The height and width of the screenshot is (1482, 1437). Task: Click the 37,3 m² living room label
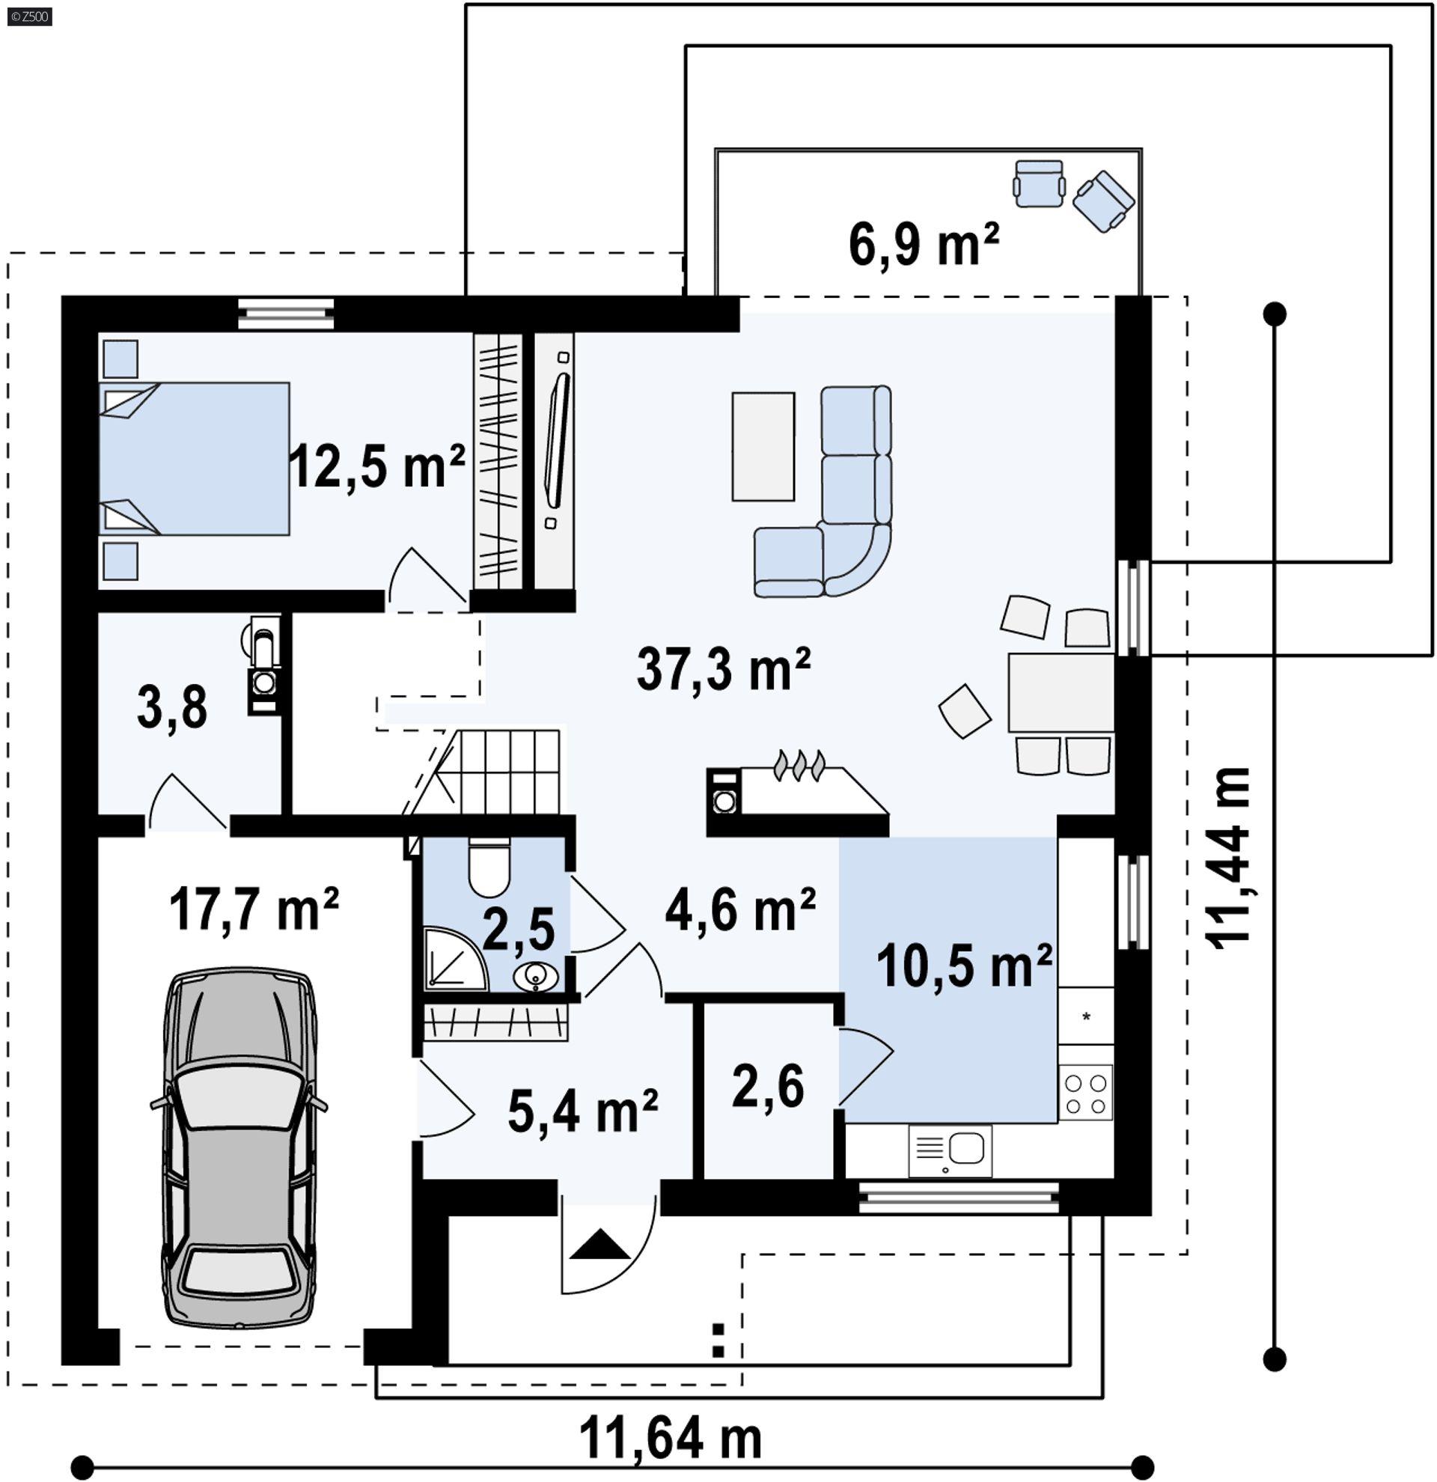[x=724, y=670]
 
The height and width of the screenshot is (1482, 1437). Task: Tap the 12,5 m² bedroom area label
[x=376, y=466]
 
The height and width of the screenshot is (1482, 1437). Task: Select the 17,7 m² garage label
[x=253, y=909]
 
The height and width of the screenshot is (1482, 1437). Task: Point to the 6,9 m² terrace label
[x=924, y=245]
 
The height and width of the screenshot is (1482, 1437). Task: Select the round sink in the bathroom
[x=535, y=977]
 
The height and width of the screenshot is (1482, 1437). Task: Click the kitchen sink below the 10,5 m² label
[x=951, y=1150]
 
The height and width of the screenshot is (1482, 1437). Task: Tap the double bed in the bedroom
[x=195, y=459]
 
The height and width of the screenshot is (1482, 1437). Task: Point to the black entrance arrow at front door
[x=599, y=1245]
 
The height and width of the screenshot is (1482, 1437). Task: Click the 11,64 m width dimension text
[x=671, y=1439]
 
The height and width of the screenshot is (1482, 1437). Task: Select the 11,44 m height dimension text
[x=1228, y=859]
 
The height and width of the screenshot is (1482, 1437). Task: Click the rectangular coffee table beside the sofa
[x=763, y=447]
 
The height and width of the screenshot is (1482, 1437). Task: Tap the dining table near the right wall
[x=1060, y=692]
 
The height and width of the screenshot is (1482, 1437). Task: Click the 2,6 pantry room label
[x=767, y=1088]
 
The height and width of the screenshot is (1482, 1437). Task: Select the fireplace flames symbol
[x=799, y=764]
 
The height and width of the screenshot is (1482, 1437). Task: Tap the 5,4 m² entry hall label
[x=582, y=1112]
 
